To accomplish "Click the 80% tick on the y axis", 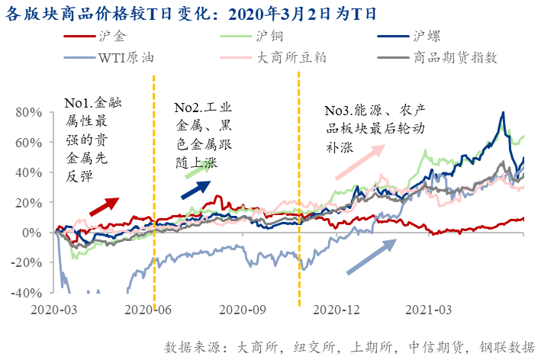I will click(x=31, y=112).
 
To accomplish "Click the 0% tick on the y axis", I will click(x=36, y=233).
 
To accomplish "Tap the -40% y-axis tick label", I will click(x=28, y=293).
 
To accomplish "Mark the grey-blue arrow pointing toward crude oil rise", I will click(x=372, y=256).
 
